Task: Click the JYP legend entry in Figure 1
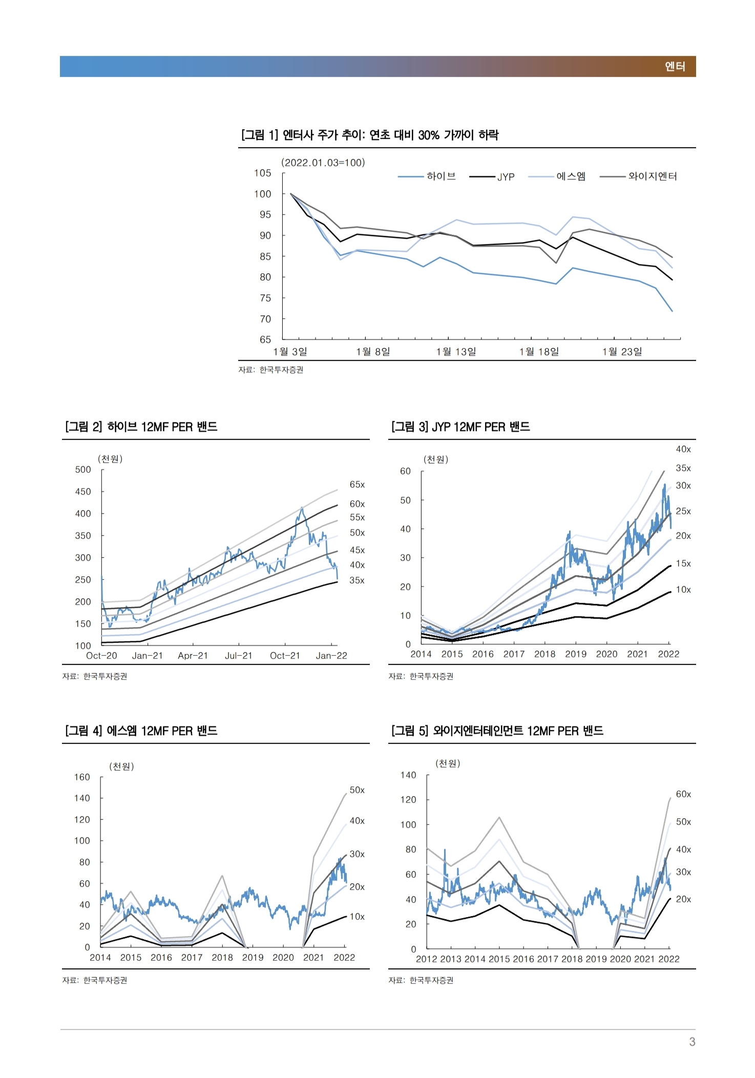point(492,177)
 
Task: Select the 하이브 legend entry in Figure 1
point(427,176)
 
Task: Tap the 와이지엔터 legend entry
point(638,176)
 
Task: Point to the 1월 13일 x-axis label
point(456,352)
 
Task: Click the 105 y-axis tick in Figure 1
point(263,173)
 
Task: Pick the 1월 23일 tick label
point(622,352)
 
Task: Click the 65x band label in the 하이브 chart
point(357,484)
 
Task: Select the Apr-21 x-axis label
point(193,656)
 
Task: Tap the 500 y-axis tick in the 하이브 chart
point(83,470)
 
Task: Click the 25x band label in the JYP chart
point(683,511)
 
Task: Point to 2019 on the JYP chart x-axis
point(576,654)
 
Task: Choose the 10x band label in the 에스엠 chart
point(357,917)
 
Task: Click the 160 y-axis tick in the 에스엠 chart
point(82,777)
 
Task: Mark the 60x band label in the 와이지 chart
point(683,794)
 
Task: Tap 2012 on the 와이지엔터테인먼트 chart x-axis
point(427,959)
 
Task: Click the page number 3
point(692,1042)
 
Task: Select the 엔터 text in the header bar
point(675,67)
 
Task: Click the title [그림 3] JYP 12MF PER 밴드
point(460,426)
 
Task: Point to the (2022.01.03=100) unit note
point(323,162)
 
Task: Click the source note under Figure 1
point(270,370)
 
